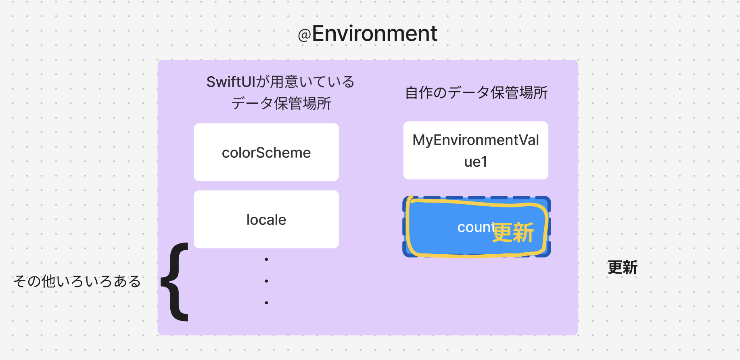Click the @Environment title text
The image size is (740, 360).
pyautogui.click(x=368, y=33)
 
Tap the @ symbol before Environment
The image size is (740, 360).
pyautogui.click(x=304, y=35)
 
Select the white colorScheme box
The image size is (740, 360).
pyautogui.click(x=266, y=152)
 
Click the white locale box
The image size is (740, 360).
pyautogui.click(x=266, y=220)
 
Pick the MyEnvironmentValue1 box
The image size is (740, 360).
pyautogui.click(x=476, y=150)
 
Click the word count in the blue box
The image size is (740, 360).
pyautogui.click(x=475, y=228)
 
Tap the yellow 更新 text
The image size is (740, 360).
pyautogui.click(x=513, y=232)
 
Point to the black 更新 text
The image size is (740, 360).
pyautogui.click(x=623, y=268)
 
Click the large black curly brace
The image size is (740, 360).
pyautogui.click(x=175, y=282)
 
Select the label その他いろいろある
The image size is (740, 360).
pyautogui.click(x=77, y=281)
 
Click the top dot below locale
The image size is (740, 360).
pyautogui.click(x=266, y=259)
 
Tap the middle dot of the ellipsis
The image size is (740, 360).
pyautogui.click(x=266, y=281)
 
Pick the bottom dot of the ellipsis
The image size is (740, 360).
pyautogui.click(x=266, y=303)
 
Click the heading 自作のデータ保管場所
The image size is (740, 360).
pyautogui.click(x=476, y=93)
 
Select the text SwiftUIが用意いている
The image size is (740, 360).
pyautogui.click(x=280, y=82)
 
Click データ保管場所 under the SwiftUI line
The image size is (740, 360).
pyautogui.click(x=281, y=104)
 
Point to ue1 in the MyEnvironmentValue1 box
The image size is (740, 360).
pyautogui.click(x=476, y=162)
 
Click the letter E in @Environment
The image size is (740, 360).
pyautogui.click(x=319, y=33)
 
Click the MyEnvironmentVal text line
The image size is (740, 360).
pyautogui.click(x=476, y=140)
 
